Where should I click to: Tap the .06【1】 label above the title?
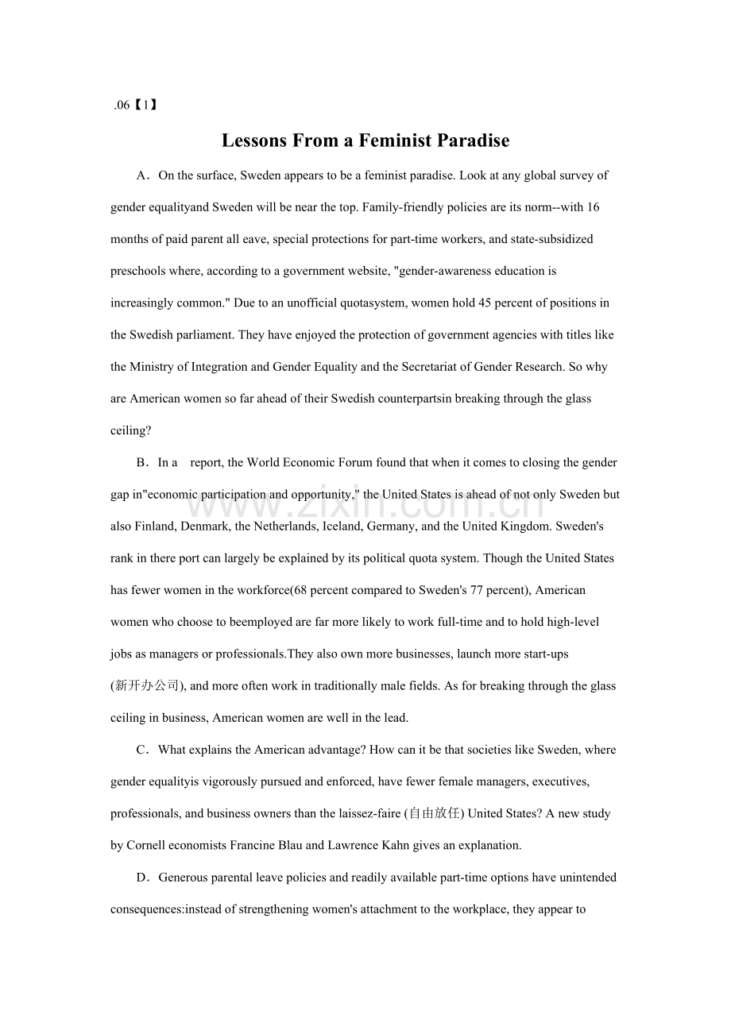coord(136,105)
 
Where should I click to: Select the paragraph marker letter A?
coord(142,176)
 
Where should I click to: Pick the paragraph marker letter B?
coord(142,462)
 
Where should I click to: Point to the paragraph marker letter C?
coord(142,750)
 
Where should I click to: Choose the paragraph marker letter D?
coord(142,878)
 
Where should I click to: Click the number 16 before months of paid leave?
coord(593,207)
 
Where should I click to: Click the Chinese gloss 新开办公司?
coord(147,686)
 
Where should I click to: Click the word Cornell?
coord(147,845)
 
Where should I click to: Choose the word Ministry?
coord(150,367)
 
